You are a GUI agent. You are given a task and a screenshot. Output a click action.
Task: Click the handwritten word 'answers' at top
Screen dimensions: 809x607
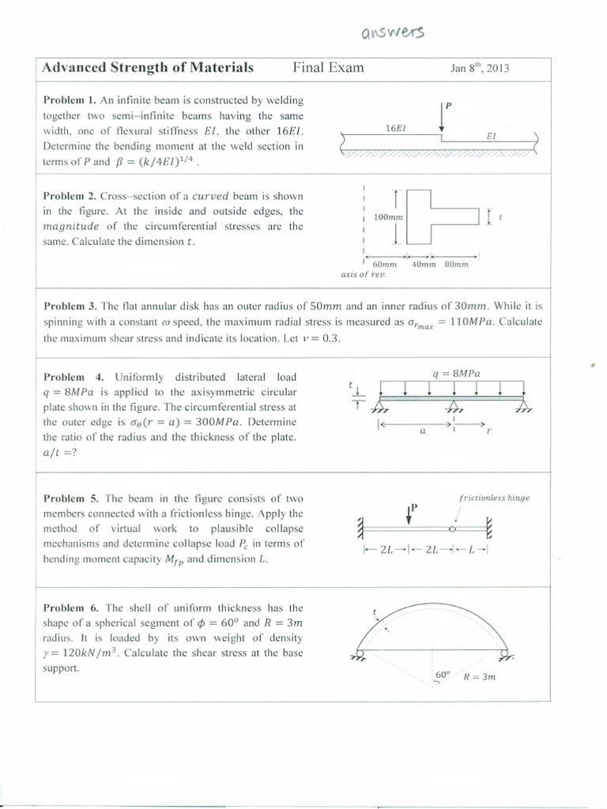pos(392,32)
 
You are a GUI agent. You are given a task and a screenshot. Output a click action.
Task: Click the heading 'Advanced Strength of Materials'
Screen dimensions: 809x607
pos(148,68)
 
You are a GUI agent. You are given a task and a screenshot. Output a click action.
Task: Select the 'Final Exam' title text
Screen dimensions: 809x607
pos(328,68)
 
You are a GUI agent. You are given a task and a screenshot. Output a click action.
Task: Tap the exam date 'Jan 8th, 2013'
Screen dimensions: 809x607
pos(480,68)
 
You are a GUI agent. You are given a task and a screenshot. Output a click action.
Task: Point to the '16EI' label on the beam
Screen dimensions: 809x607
pos(396,127)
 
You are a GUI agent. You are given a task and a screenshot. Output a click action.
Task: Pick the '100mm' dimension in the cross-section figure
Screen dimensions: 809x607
pos(388,216)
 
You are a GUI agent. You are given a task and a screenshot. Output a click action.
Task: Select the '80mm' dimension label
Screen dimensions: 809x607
pos(456,265)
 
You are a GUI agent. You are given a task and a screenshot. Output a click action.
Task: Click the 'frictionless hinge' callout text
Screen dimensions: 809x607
pos(494,499)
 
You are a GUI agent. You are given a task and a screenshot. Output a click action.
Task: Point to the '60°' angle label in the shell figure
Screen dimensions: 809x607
pos(443,675)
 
